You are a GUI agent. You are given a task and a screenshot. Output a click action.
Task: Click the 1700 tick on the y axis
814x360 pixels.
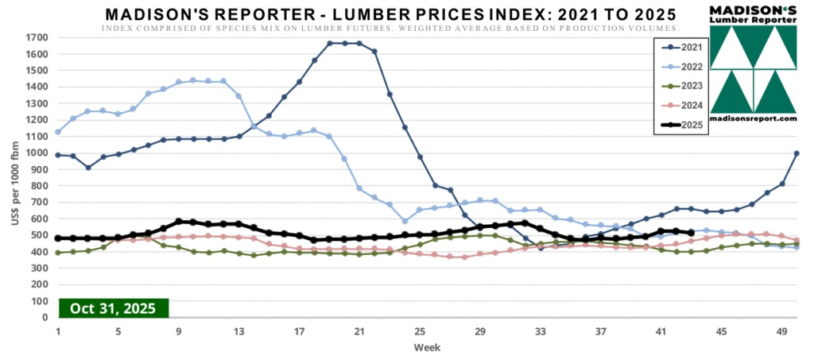(37, 37)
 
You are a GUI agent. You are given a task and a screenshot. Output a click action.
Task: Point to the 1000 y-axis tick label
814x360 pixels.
(37, 153)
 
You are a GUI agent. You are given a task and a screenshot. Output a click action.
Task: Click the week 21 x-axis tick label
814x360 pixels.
(359, 331)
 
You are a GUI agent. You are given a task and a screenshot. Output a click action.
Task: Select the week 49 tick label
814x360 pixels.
(781, 331)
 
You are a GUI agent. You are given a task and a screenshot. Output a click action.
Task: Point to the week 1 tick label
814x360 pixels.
(57, 331)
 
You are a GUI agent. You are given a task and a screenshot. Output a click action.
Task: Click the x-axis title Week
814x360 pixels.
(427, 347)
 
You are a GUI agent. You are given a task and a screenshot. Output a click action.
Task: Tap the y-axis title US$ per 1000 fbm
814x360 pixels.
(16, 178)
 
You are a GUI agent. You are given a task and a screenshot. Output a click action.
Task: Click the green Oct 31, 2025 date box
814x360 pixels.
(114, 308)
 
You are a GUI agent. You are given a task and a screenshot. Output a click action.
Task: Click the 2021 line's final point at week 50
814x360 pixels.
(797, 153)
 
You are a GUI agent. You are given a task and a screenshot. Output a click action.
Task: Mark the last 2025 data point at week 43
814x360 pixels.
(691, 233)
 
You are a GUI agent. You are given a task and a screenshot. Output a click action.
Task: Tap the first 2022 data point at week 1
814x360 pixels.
(57, 132)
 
